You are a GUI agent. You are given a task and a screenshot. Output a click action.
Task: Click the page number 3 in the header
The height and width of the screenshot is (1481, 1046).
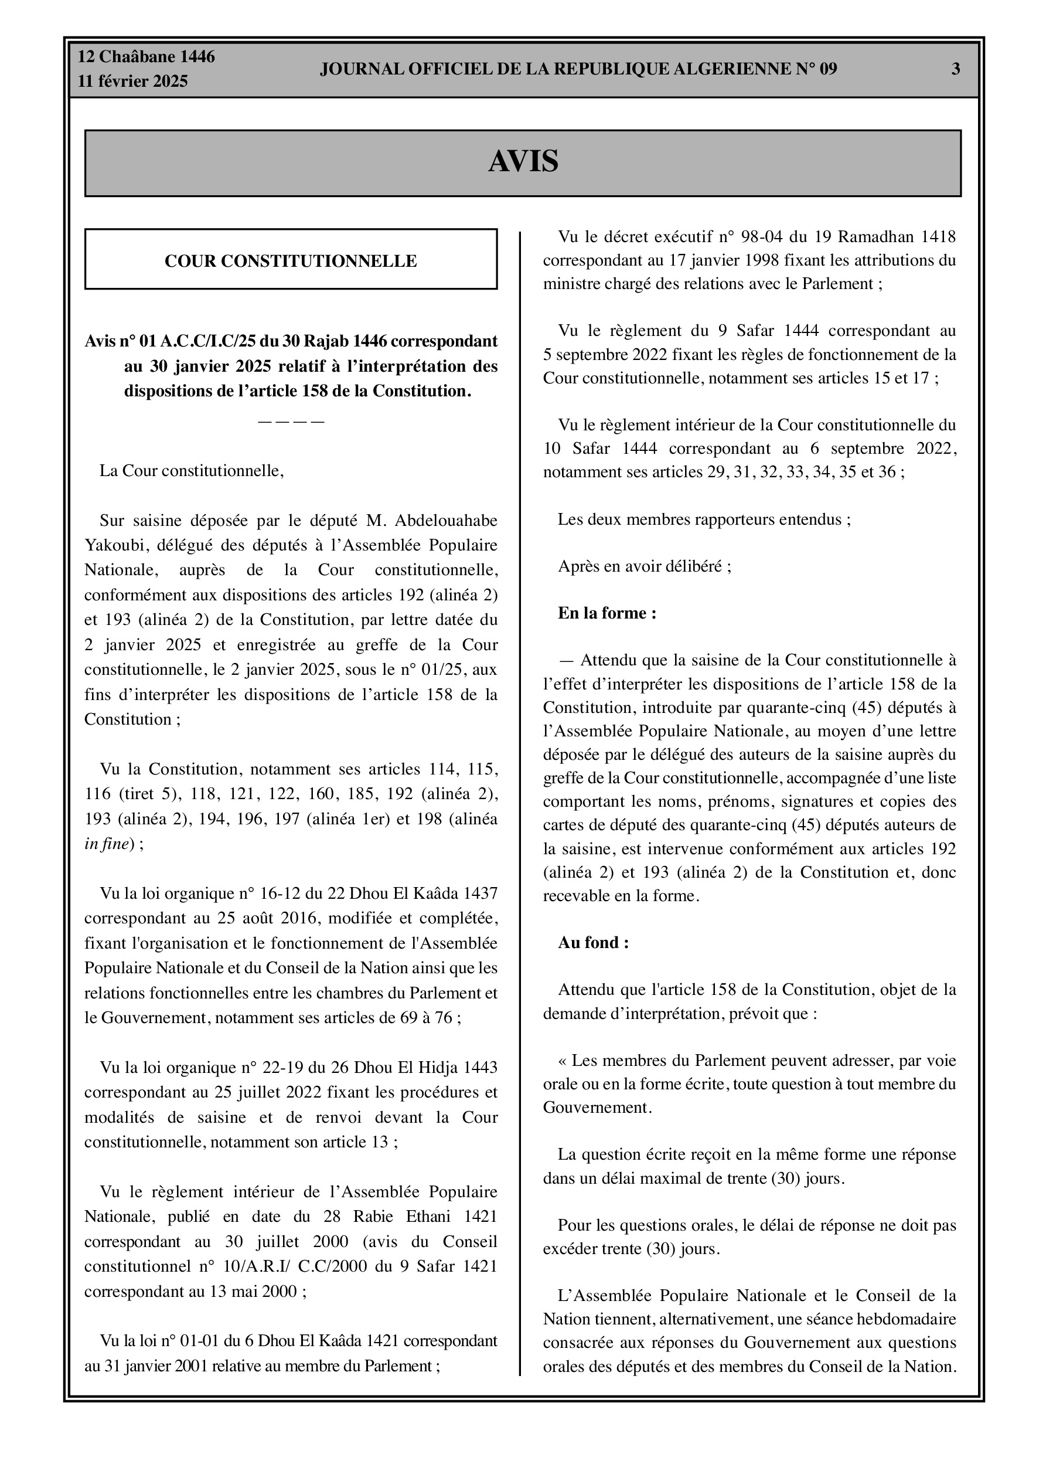tap(955, 69)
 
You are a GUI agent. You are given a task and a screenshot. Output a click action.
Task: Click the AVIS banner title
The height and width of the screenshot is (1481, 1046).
tap(523, 161)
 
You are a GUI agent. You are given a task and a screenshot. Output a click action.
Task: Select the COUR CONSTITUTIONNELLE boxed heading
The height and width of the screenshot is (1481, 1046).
tap(291, 261)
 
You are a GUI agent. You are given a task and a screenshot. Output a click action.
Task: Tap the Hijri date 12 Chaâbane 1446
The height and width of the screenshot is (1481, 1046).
tap(146, 57)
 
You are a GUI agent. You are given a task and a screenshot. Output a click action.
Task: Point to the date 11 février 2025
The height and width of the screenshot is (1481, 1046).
tap(133, 81)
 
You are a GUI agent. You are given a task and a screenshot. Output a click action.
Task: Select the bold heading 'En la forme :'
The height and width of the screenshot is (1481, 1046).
tap(607, 613)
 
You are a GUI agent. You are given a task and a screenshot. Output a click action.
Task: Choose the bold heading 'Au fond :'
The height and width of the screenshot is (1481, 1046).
tap(593, 942)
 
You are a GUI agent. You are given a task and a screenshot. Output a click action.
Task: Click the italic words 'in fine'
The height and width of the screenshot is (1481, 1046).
tap(107, 844)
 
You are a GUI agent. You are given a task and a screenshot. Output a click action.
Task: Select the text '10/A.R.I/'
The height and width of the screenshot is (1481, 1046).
tap(257, 1266)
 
